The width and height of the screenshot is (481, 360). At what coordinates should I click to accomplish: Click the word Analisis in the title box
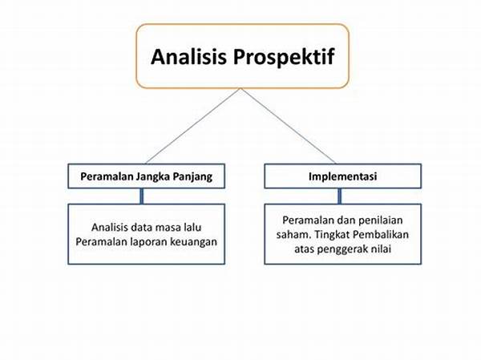(x=188, y=56)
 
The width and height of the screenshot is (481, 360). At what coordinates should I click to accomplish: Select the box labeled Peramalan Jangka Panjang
(x=147, y=176)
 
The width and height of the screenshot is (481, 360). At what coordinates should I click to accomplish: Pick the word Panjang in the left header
(x=192, y=177)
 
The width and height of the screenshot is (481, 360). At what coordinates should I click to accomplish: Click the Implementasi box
(x=342, y=176)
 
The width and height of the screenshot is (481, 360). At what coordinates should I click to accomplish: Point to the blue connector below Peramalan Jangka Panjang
(x=142, y=196)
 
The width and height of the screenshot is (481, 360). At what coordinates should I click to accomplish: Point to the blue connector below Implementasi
(x=340, y=196)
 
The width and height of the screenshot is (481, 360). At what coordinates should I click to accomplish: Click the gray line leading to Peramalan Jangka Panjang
(x=193, y=126)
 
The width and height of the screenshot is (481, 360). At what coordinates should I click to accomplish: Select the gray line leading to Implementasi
(x=289, y=126)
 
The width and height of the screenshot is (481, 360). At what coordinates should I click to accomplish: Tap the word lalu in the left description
(x=192, y=228)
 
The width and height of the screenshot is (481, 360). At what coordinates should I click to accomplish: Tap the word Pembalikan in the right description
(x=381, y=235)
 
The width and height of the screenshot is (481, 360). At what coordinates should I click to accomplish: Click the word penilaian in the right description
(x=380, y=220)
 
